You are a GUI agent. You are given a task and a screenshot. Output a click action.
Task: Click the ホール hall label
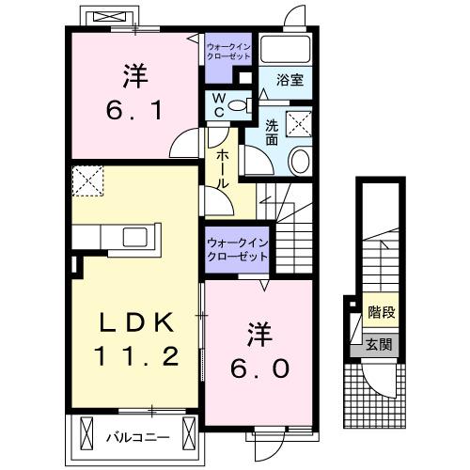coord(223,170)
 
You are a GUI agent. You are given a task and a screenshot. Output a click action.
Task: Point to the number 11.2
coord(135,356)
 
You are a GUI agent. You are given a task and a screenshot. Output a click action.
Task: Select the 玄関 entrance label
coord(380,344)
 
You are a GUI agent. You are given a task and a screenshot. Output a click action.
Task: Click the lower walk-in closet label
coord(237,250)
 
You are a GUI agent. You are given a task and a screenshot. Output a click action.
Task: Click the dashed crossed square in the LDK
coord(87,181)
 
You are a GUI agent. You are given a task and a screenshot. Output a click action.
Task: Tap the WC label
coord(217,105)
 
